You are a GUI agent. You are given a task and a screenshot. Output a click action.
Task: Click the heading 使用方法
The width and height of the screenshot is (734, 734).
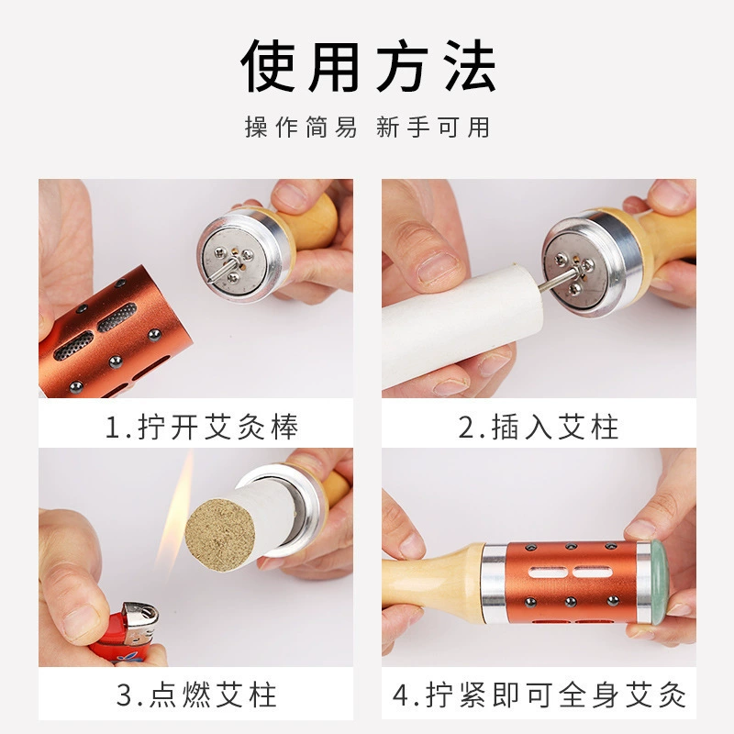click(x=368, y=65)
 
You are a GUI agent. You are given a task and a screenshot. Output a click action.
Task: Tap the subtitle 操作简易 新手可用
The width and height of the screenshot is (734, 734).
click(x=368, y=128)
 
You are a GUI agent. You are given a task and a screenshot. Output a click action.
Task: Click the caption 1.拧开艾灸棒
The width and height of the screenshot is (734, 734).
click(x=202, y=427)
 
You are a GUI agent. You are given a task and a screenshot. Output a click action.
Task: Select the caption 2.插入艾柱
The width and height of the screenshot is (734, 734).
click(x=539, y=427)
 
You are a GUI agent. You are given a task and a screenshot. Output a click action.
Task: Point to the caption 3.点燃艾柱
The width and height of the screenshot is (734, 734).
click(x=196, y=695)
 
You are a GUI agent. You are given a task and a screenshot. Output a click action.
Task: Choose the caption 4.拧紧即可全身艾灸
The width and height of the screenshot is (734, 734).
click(x=539, y=695)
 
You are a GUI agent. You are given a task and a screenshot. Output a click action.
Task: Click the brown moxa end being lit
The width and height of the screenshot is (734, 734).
click(x=220, y=535)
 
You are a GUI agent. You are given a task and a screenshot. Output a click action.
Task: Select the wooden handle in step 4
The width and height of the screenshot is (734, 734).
click(x=433, y=582)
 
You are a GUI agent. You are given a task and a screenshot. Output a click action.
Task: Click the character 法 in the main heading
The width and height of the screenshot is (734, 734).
click(x=470, y=65)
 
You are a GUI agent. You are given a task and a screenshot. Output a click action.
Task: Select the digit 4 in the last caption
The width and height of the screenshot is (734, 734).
click(x=401, y=695)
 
